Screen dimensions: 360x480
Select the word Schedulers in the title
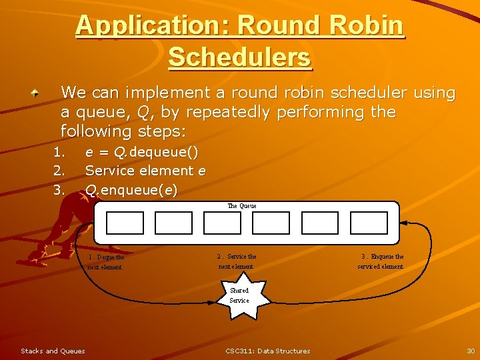(x=239, y=57)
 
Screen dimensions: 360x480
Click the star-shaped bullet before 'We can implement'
(x=41, y=94)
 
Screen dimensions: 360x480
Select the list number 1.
(x=59, y=152)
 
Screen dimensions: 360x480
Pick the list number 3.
(x=59, y=190)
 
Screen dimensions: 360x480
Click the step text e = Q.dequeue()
(x=141, y=152)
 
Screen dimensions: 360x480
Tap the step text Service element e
(x=145, y=171)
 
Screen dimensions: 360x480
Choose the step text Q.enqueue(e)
(x=131, y=190)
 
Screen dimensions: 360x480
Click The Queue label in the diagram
(x=242, y=206)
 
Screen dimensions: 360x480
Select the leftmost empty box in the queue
(x=124, y=223)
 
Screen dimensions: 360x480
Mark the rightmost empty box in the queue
(x=369, y=223)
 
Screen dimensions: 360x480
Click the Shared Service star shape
(x=239, y=295)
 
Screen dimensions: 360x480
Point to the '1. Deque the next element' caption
(x=105, y=262)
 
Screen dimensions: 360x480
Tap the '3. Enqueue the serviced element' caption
(x=381, y=261)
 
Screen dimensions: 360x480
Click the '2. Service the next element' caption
(x=237, y=261)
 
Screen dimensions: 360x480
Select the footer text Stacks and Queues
(x=53, y=351)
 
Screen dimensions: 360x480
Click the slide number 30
(x=470, y=351)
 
